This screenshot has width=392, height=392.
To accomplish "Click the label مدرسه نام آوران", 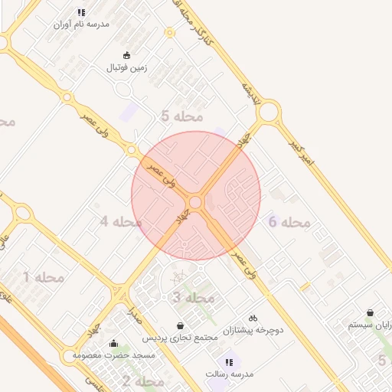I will (x=81, y=24).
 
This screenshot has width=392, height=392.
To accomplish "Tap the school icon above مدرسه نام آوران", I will (x=81, y=12).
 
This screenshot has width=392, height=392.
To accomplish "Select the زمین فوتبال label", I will (x=127, y=67).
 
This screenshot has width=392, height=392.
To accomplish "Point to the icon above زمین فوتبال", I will (x=127, y=55).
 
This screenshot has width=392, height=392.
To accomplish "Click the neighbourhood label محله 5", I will (x=182, y=116).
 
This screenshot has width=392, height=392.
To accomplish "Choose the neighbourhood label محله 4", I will (x=121, y=222).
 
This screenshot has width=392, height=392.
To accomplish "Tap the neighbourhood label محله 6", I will (x=289, y=222).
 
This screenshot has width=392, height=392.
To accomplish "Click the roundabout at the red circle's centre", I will (x=195, y=202).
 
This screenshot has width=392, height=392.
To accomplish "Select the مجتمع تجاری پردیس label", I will (x=180, y=338).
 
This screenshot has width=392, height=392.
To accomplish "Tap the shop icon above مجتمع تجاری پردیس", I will (x=180, y=325).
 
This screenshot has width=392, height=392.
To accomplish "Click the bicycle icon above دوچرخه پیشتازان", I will (x=253, y=318).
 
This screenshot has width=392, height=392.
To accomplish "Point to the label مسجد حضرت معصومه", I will (x=114, y=356).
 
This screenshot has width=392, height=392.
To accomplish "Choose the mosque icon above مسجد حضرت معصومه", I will (x=114, y=344).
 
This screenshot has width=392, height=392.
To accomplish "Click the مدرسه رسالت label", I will (x=229, y=374).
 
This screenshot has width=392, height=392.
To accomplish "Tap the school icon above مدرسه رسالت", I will (x=229, y=362).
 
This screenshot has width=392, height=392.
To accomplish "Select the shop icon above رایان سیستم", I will (x=371, y=312).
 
